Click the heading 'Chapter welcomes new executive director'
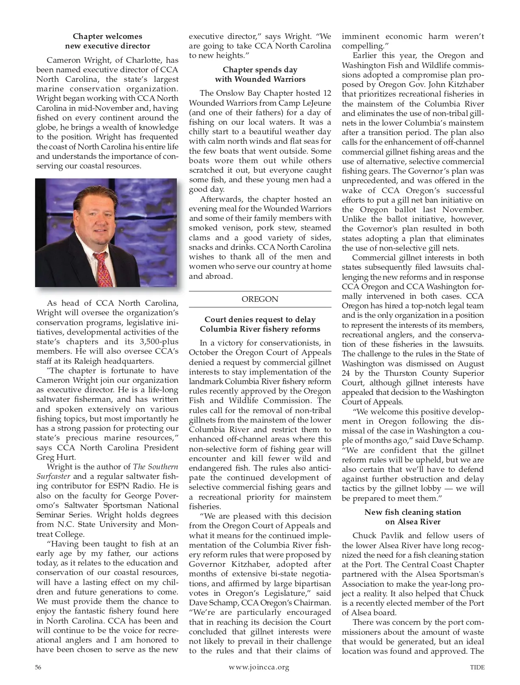coord(107,41)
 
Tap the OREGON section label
coord(260,299)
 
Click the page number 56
coord(38,667)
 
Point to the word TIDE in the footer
coord(477,667)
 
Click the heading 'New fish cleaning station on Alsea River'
coord(413,517)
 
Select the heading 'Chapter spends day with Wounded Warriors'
coord(260,74)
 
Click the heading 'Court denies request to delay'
coord(260,320)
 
